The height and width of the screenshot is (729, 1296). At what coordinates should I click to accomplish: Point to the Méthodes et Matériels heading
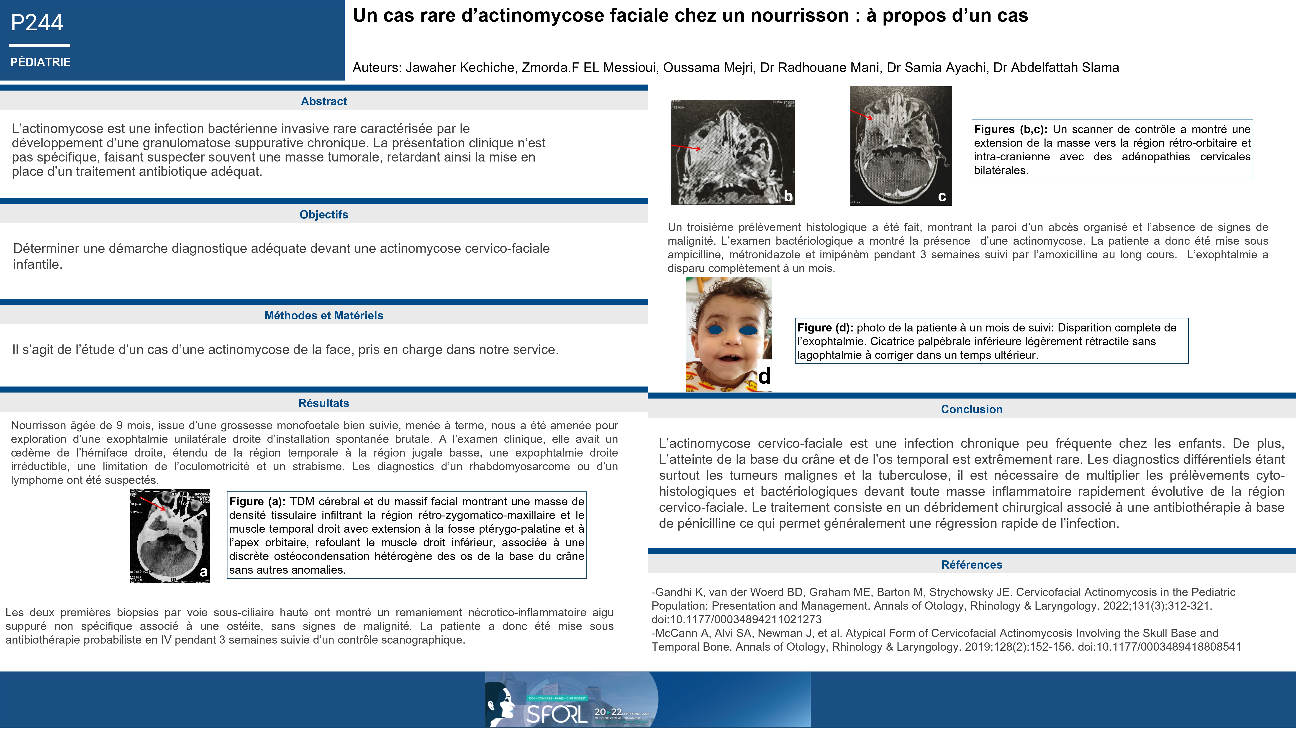tap(323, 316)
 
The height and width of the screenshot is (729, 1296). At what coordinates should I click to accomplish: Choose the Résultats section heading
tap(323, 403)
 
